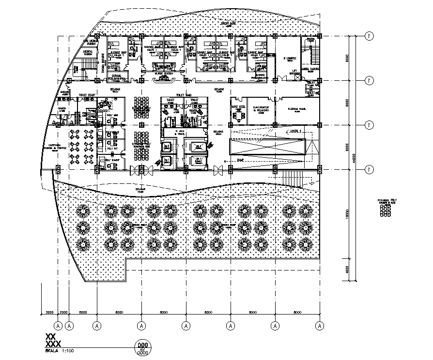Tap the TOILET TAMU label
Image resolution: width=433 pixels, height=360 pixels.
(x=185, y=95)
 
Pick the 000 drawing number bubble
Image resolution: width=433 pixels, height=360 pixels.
(x=142, y=346)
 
